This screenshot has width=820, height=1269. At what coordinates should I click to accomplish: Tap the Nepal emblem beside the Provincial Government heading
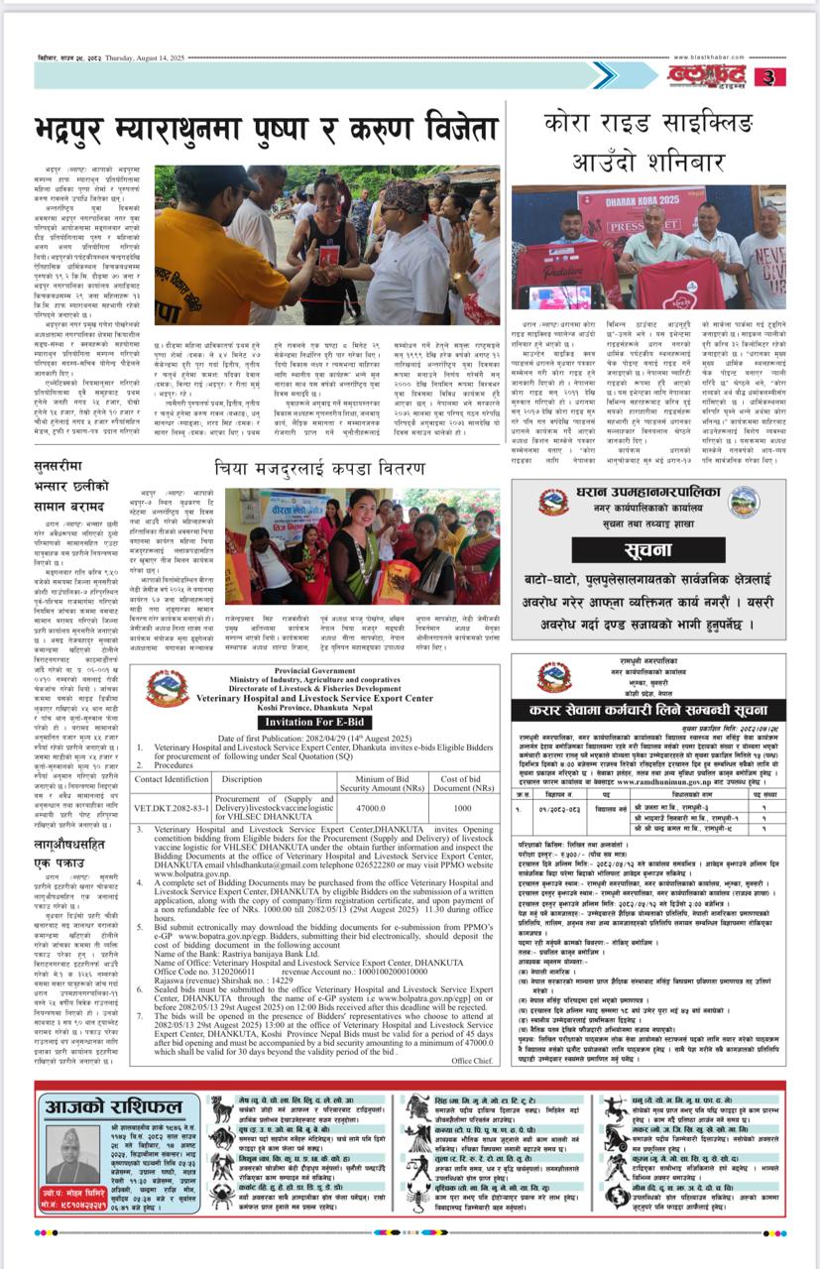click(166, 687)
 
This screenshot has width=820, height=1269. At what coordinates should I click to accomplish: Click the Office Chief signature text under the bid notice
click(475, 1060)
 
